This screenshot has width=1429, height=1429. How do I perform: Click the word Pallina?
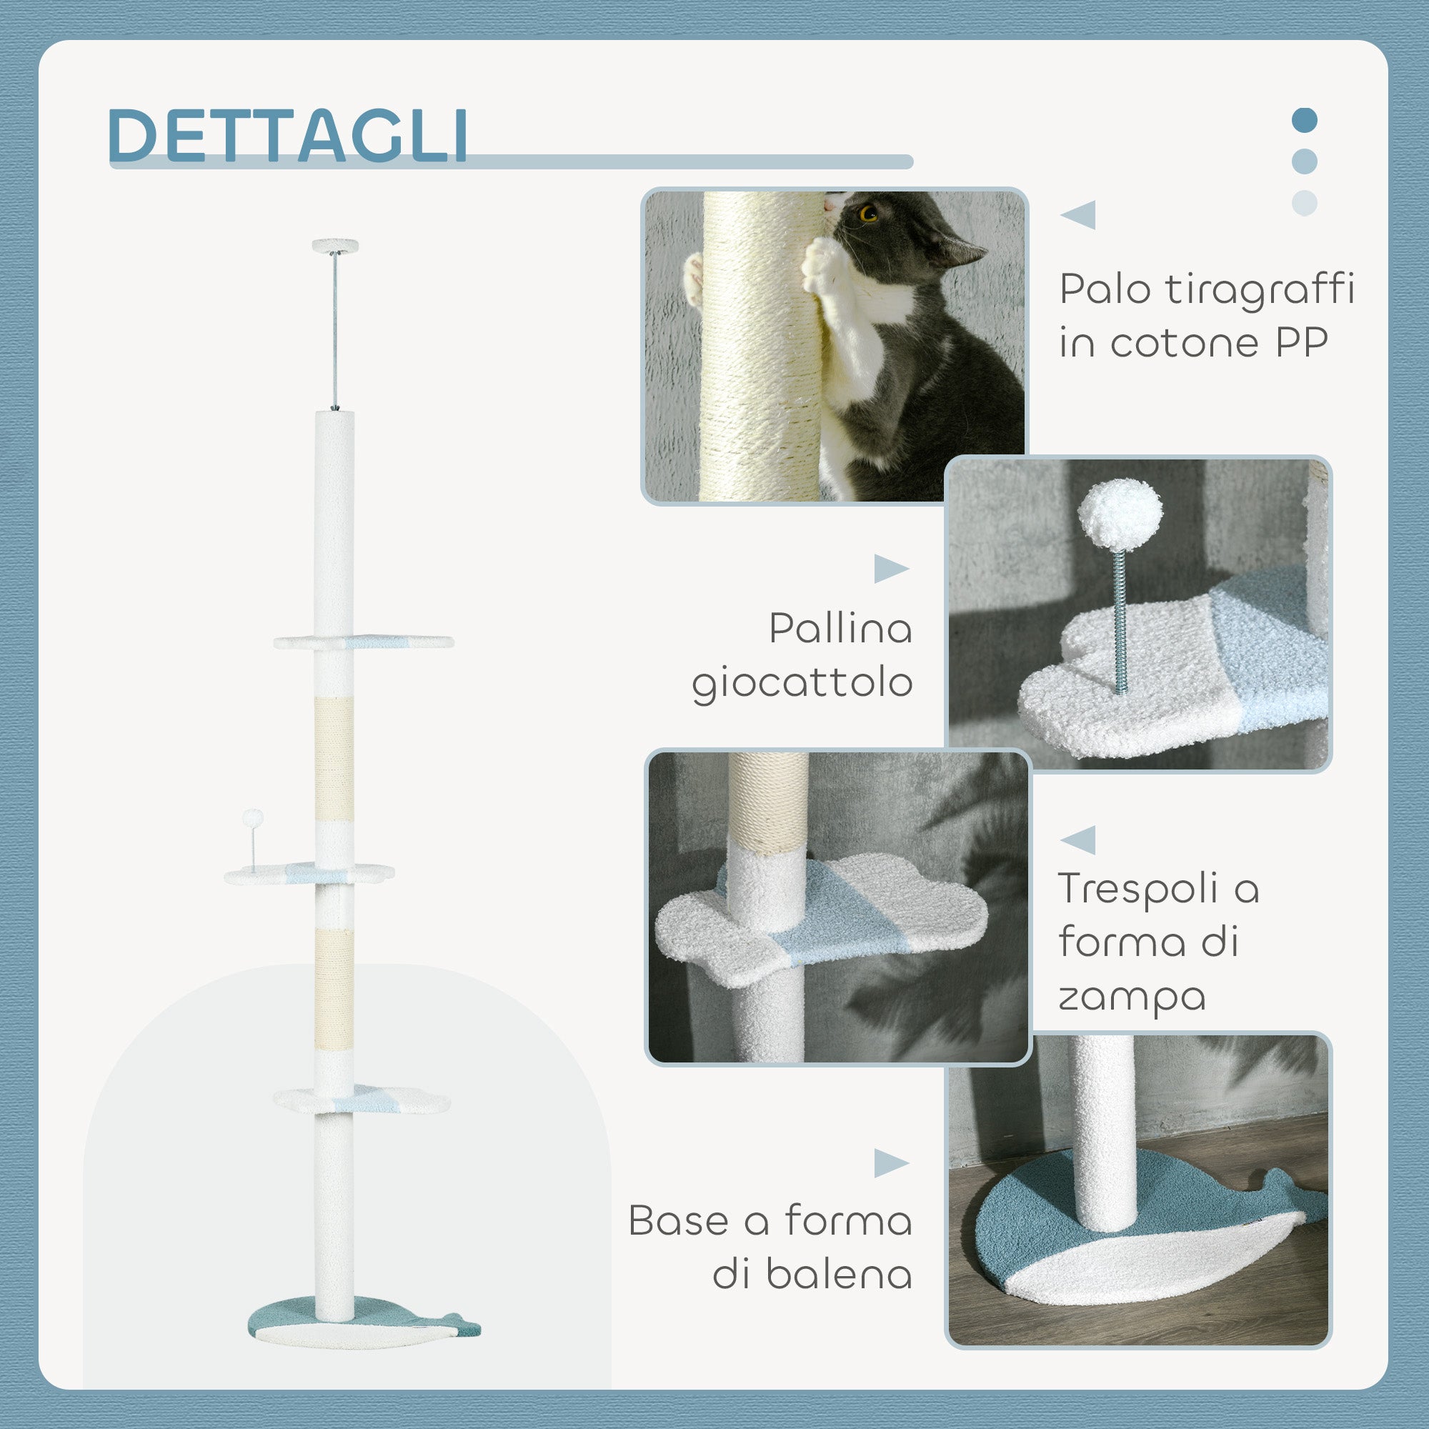click(x=840, y=629)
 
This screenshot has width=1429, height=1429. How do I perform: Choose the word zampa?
click(x=1132, y=995)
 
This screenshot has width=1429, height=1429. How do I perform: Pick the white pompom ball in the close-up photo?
click(x=1119, y=514)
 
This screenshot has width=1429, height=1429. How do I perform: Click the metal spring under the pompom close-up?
click(x=1120, y=622)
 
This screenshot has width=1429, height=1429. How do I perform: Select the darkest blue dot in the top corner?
click(x=1305, y=120)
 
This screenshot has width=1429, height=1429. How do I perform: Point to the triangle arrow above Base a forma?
click(x=890, y=1163)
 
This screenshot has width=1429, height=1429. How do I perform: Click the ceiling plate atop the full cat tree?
click(x=335, y=246)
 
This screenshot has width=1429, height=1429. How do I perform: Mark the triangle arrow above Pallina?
click(x=890, y=569)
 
